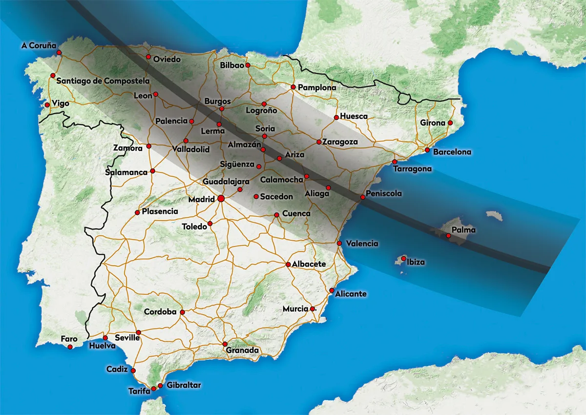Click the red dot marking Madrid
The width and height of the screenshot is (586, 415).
(x=221, y=199)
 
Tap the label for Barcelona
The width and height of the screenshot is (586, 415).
(x=452, y=152)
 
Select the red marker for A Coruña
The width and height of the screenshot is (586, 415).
(x=59, y=52)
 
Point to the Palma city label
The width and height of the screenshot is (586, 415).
(x=463, y=229)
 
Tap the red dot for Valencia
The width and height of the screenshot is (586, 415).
(x=339, y=243)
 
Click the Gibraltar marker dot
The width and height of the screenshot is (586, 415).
(x=160, y=386)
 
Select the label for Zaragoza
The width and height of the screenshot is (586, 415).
(x=340, y=142)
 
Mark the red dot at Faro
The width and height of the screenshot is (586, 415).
(x=70, y=347)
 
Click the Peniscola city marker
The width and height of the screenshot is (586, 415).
(x=362, y=197)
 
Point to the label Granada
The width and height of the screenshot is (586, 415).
(x=242, y=351)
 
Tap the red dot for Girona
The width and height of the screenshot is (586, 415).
(x=450, y=123)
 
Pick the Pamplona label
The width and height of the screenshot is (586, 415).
(x=317, y=88)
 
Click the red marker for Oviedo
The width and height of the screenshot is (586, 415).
(x=148, y=57)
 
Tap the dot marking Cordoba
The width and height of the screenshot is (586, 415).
(x=182, y=312)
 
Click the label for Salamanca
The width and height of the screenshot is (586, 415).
(x=126, y=172)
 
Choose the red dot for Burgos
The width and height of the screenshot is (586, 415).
(x=221, y=109)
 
